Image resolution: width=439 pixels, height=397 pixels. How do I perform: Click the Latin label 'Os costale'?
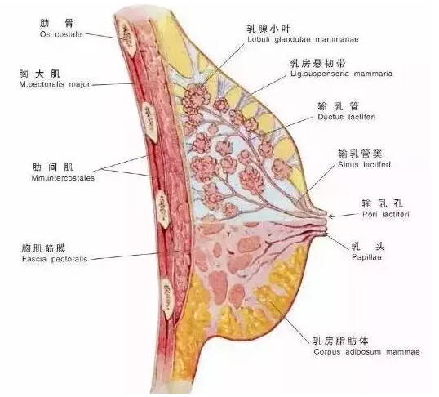[60, 34]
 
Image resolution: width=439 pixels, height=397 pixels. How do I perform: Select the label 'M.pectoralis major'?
[55, 84]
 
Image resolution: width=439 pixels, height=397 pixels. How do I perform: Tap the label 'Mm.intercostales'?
[63, 178]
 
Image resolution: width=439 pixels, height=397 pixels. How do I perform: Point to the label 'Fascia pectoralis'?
[55, 259]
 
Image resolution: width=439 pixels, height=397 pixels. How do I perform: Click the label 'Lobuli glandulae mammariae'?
[303, 39]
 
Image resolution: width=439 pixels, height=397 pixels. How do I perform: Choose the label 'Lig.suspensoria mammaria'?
[341, 74]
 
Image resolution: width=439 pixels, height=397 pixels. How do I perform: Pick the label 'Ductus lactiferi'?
[347, 117]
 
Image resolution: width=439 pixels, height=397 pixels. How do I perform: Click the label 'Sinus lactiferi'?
[364, 164]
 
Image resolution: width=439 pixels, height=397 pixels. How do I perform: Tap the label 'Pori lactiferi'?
[386, 215]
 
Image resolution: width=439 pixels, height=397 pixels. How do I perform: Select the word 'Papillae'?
[366, 257]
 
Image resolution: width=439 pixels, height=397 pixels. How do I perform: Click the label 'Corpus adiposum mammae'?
[366, 351]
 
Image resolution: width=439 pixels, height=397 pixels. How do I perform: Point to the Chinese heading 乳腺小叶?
[268, 29]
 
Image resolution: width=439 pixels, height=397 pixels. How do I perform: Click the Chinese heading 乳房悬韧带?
[317, 64]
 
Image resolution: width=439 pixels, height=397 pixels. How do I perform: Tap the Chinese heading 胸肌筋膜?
[44, 248]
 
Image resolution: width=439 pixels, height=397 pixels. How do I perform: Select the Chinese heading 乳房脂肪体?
[341, 341]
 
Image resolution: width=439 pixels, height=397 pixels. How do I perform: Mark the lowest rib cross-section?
[168, 299]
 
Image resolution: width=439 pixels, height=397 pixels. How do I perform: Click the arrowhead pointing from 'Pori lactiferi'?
[330, 216]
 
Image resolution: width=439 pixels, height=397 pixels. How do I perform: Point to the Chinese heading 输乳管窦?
[360, 154]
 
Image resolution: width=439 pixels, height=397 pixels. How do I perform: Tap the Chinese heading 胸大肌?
[39, 74]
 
